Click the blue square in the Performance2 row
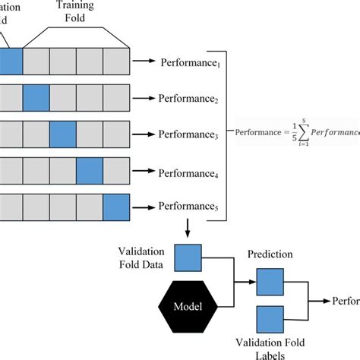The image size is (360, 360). (x=36, y=98)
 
